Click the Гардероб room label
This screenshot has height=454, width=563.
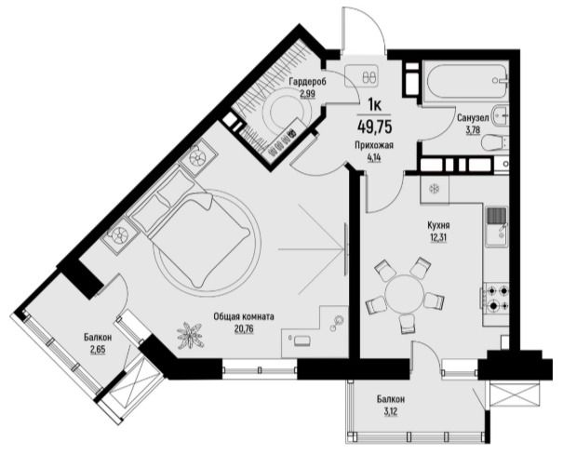point(308,82)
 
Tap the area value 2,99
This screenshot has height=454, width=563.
point(308,94)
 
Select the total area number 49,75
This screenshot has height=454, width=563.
point(374,127)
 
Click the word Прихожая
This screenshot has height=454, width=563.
point(374,145)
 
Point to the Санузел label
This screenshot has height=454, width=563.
point(473,118)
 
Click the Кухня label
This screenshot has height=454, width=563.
point(438,226)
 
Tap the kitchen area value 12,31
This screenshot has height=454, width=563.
point(438,237)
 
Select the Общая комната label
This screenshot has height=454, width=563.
point(244,317)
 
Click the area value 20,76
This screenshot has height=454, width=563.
point(244,328)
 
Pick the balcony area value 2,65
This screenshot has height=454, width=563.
point(98,349)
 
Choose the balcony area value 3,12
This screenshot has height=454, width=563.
point(391,410)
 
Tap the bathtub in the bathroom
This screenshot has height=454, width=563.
point(465,82)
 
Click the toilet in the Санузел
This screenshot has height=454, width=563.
point(495,141)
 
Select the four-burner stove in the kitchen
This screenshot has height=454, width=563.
point(496,298)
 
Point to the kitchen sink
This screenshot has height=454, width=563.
point(497,226)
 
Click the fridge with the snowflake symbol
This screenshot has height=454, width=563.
point(435,189)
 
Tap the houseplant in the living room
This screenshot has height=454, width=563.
point(190,335)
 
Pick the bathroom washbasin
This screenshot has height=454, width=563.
point(501,115)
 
